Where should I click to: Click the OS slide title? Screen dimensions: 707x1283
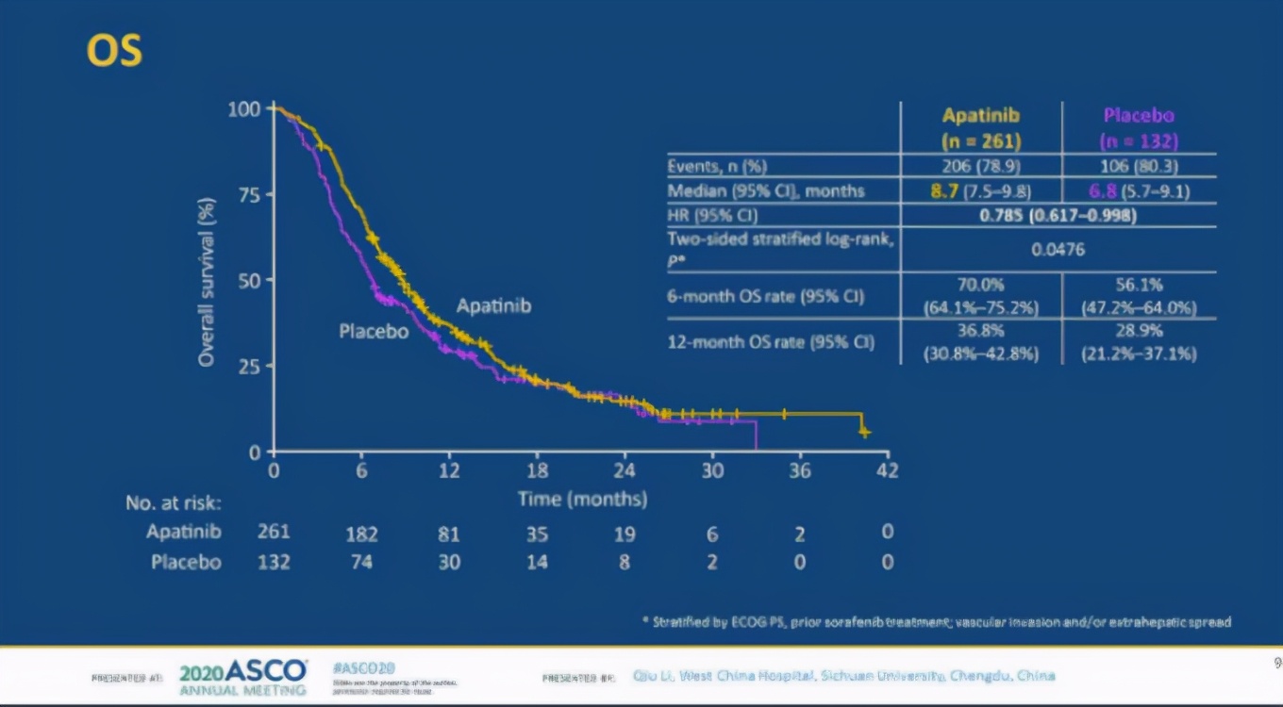coord(114,51)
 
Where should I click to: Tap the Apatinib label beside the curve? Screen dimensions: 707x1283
coord(493,306)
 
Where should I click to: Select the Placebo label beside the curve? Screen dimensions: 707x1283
coord(374,331)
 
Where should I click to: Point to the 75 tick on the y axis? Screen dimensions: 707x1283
coord(250,194)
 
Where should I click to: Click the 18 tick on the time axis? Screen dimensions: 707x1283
coord(537,470)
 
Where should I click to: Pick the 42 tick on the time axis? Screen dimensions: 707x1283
coord(887,470)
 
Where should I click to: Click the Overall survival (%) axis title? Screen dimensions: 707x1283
coord(208,281)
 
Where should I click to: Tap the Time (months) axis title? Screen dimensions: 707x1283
coord(582,499)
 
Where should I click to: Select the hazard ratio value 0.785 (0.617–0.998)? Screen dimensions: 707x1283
coord(1057,215)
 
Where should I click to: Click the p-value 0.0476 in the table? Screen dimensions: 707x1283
coord(1058,250)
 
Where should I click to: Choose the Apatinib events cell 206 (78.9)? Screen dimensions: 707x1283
coord(981,167)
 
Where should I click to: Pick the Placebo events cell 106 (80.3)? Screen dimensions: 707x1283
coord(1139,167)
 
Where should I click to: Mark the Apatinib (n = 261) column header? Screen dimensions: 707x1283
coord(981,128)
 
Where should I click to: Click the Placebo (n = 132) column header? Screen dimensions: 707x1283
coord(1139,128)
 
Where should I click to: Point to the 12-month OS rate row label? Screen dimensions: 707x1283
coord(771,342)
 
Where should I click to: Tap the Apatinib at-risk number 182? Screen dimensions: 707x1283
coord(361,534)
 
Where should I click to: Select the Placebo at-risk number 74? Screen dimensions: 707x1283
coord(361,563)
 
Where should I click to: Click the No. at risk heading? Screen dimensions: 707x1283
coord(174,503)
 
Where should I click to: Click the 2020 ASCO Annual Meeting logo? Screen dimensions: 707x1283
coord(242,677)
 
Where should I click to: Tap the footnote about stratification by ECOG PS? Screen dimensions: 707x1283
coord(936,622)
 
